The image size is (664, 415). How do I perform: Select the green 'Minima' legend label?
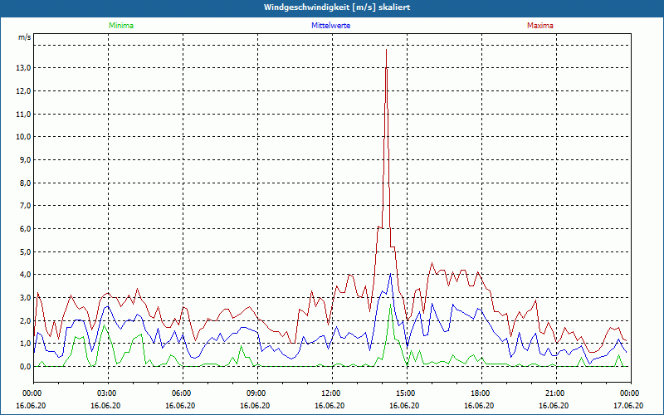120,26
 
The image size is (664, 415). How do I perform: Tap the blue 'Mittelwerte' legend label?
330,26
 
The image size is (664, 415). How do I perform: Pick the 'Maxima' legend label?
540,26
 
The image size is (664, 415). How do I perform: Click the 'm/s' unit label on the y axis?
24,37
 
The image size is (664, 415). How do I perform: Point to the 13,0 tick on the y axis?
23,68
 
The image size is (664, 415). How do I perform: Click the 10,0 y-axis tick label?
23,137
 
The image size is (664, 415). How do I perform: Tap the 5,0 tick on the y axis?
25,251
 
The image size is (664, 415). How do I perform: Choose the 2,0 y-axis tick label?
25,320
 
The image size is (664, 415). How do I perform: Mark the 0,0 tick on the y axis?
25,366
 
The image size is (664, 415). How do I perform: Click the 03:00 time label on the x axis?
107,393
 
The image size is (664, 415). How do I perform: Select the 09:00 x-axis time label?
256,393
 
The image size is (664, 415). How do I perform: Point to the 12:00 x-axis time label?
330,393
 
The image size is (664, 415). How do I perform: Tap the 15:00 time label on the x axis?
405,393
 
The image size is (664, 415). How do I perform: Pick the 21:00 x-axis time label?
554,393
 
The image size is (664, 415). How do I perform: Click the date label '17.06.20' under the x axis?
628,405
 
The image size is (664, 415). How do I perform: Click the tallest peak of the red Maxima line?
386,50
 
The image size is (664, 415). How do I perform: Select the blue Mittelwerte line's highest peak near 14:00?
390,274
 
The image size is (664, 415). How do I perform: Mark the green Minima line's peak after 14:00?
390,304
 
